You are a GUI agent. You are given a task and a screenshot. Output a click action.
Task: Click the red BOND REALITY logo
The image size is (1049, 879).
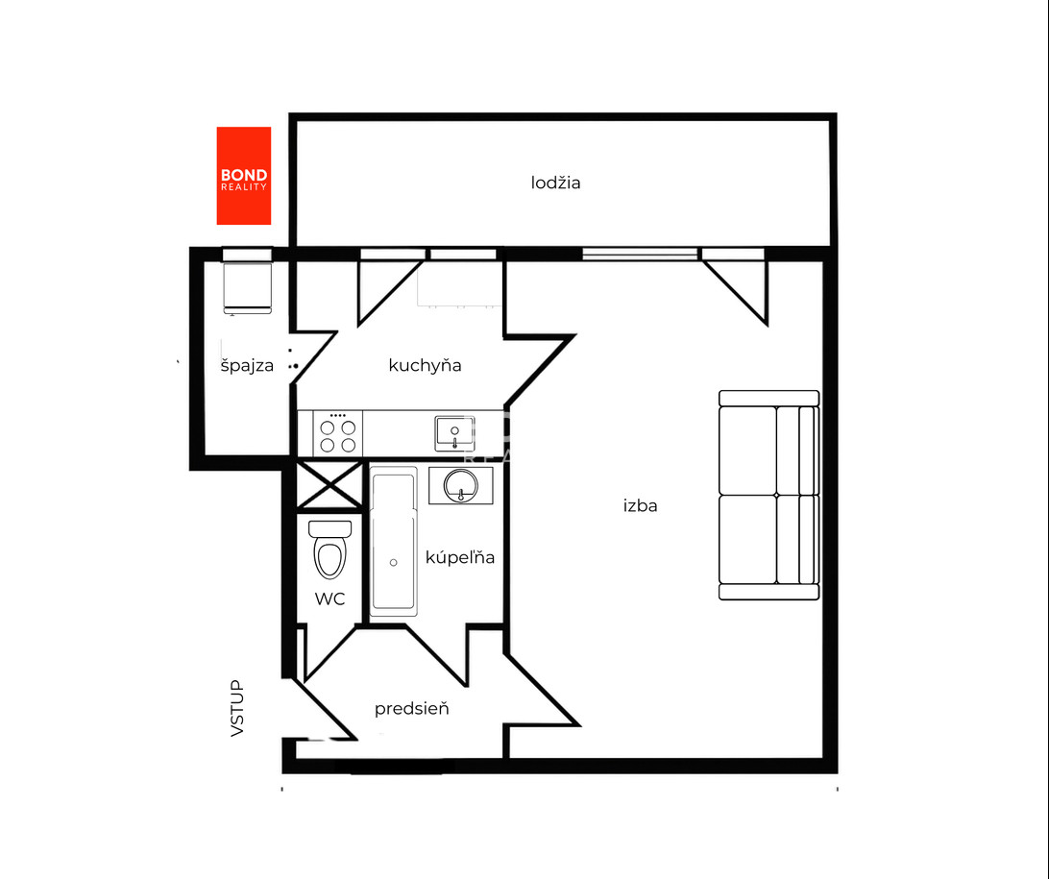coord(244,176)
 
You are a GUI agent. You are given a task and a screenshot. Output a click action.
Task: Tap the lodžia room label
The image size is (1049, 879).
coord(555,183)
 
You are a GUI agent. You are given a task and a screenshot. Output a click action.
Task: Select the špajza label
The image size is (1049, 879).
coord(247,365)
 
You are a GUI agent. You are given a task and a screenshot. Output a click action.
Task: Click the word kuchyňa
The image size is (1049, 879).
coord(425,365)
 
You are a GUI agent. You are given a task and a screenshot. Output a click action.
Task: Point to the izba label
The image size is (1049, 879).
coord(640,505)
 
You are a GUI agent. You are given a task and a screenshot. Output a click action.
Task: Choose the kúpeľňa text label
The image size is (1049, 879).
coord(459,556)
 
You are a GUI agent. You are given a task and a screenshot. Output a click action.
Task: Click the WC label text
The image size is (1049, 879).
coord(329,599)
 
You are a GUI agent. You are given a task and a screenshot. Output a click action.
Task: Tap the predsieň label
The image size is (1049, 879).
coord(411,708)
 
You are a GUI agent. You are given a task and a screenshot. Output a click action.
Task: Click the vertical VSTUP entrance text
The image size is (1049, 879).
coord(237,708)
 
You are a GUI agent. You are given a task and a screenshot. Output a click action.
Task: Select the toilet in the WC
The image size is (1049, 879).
coord(329,549)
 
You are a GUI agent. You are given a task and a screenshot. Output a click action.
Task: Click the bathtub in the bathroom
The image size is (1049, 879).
coord(394,541)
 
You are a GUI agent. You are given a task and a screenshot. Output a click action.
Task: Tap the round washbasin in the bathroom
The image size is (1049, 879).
coord(461,484)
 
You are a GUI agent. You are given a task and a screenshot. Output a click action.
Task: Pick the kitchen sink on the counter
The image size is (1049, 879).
coord(455,433)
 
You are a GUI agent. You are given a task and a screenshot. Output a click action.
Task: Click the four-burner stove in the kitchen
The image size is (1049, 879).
coord(338,434)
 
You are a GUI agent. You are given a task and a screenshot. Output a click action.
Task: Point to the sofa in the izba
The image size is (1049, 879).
coord(769,495)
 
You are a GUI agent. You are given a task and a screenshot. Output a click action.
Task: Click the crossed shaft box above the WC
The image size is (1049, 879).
coord(329,484)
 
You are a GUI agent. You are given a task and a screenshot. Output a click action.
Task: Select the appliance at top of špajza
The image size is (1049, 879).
coord(248,288)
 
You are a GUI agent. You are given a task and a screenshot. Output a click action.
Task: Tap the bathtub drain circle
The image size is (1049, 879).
coord(394,563)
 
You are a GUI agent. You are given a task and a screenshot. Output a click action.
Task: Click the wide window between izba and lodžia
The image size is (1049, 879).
coord(640,254)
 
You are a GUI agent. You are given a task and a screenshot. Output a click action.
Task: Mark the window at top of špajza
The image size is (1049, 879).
coord(247,255)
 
